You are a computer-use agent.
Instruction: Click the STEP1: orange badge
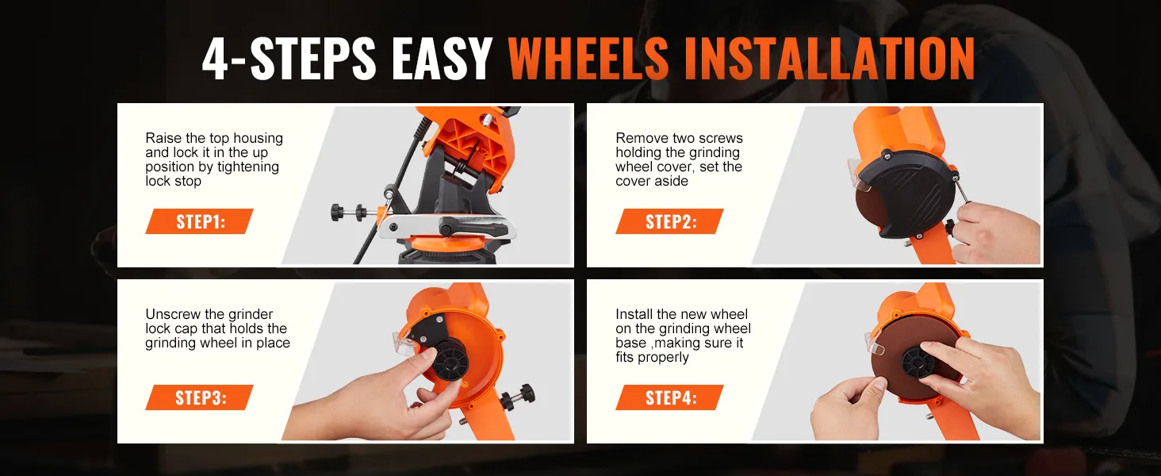tap(199, 221)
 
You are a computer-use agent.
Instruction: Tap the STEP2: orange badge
tap(669, 221)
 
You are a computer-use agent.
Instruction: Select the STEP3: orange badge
tap(199, 397)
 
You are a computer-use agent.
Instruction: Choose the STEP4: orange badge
tap(669, 397)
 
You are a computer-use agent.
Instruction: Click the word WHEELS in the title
tap(588, 58)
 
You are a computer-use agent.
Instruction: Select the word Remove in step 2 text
tap(639, 138)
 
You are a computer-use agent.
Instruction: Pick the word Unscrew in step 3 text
tap(170, 314)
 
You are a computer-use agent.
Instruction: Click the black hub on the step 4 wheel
tap(920, 363)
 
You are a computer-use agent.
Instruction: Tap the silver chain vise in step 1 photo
tap(444, 230)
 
